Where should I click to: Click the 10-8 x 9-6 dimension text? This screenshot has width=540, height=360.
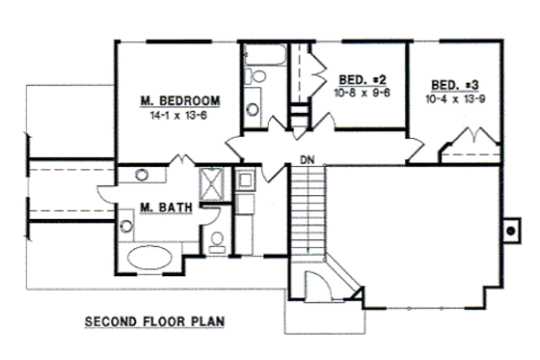tap(361, 93)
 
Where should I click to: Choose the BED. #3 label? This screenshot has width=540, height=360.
tap(455, 84)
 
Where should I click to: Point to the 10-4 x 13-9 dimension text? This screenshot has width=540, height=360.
tap(455, 97)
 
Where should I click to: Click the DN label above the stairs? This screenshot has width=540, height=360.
tap(307, 158)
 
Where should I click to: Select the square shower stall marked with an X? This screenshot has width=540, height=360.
tap(210, 182)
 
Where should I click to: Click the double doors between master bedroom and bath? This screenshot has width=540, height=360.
tap(181, 162)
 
